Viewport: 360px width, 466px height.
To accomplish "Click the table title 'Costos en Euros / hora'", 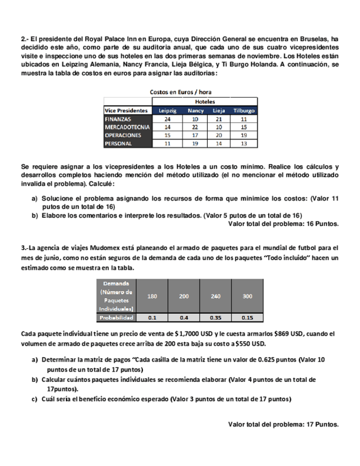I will click(180, 92).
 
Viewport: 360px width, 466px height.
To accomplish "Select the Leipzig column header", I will click(167, 110).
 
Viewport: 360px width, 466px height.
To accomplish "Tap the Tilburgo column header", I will click(244, 110).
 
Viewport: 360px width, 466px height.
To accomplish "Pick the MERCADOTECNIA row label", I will click(126, 127).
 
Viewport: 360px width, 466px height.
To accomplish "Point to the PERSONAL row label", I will click(118, 143).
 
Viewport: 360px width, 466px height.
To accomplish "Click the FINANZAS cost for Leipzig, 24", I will click(167, 119).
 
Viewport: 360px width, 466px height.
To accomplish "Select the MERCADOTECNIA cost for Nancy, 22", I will click(195, 127).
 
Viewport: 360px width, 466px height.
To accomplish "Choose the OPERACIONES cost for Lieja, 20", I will click(219, 135).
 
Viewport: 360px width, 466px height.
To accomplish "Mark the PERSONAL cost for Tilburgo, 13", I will click(244, 143).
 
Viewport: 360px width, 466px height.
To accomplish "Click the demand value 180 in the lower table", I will click(153, 296).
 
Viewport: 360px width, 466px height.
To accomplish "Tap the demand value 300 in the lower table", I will click(247, 296).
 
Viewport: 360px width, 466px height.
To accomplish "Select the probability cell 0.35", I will click(215, 318).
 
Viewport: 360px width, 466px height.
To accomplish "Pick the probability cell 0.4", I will click(184, 318).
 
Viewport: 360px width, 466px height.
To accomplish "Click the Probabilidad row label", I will click(116, 318).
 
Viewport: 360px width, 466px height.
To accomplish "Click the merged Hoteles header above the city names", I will click(204, 102).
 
